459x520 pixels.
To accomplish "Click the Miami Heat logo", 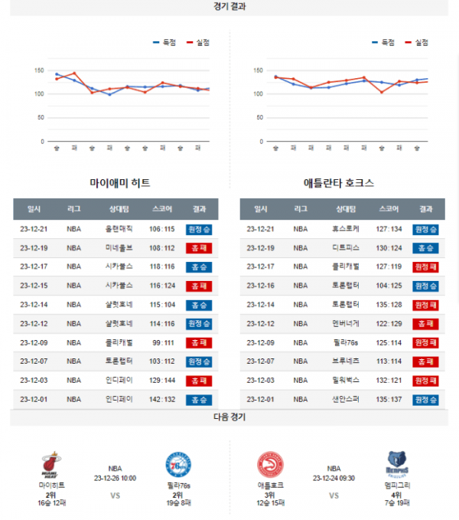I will (51, 465).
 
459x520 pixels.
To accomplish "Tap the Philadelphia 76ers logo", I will (177, 465).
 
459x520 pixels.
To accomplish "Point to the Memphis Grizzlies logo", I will (397, 465).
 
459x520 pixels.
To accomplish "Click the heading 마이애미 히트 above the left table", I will (119, 183).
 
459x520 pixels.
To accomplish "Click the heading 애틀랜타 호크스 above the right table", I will (339, 183).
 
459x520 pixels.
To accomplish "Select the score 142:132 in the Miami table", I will (162, 399).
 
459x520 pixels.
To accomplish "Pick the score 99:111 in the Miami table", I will (162, 342).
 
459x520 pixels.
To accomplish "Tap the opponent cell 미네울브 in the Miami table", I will (119, 248).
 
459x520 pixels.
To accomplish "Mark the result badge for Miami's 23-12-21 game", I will (199, 229).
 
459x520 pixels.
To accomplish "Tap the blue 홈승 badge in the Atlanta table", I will (425, 248).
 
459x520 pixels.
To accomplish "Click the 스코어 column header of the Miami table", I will (162, 209).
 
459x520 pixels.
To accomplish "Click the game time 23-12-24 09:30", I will (334, 478).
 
